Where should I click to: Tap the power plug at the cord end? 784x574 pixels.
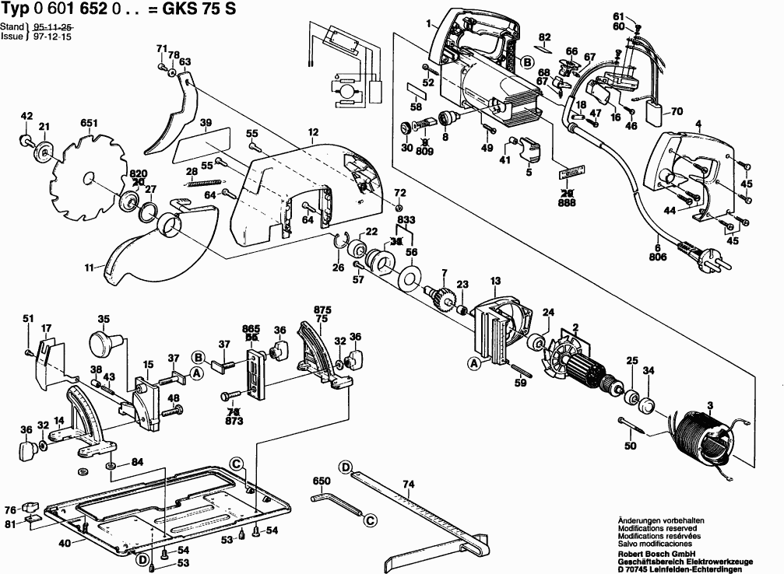coord(705,256)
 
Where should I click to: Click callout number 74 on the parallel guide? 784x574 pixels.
coord(407,484)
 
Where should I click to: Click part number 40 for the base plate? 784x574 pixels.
coord(65,543)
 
